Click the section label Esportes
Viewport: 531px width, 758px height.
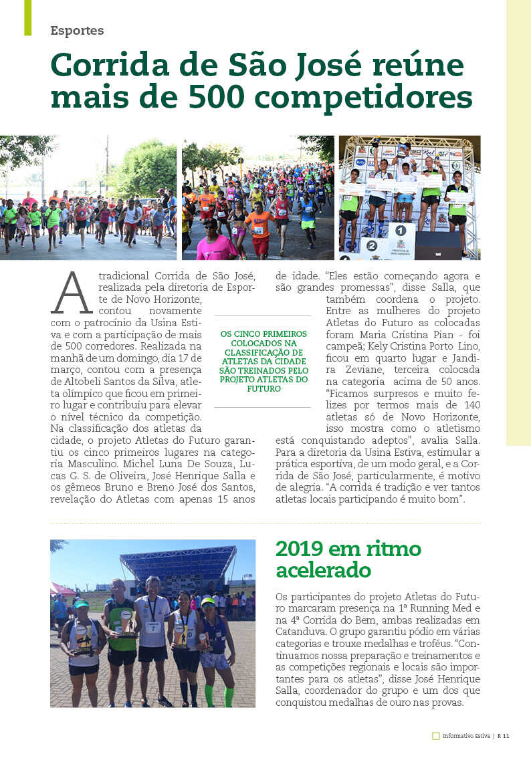tap(77, 31)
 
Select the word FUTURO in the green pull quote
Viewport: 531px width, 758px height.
tap(264, 388)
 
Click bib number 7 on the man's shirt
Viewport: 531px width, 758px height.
tap(153, 627)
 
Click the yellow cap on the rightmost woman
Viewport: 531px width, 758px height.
tap(208, 602)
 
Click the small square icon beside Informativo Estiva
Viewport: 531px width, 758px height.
tap(435, 736)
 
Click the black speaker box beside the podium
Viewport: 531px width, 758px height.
tap(437, 245)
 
